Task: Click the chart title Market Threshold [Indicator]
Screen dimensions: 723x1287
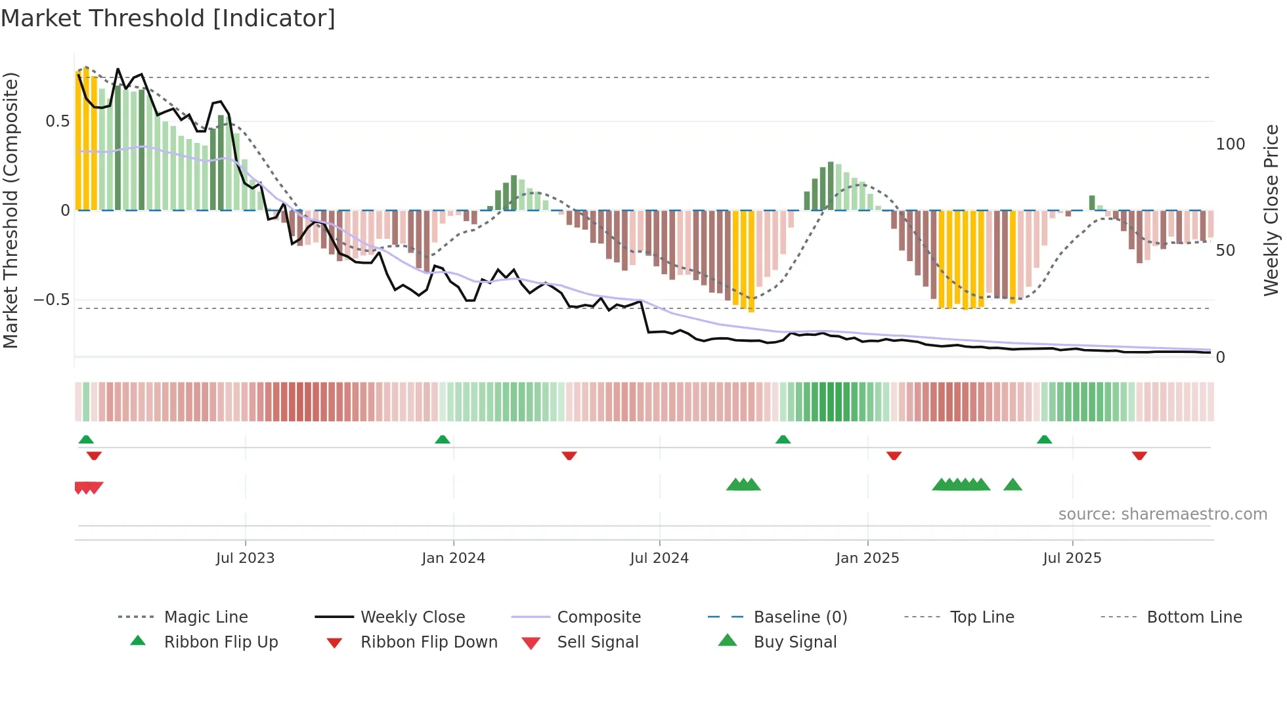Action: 168,18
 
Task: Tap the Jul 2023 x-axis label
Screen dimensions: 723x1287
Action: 245,558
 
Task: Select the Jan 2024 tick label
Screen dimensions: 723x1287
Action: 453,558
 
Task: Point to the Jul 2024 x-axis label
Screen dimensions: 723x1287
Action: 659,558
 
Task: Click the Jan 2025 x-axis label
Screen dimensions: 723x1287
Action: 867,558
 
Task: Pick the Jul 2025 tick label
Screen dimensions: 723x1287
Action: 1072,558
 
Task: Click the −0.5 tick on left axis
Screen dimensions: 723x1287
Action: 51,300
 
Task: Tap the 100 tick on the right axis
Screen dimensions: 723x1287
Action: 1230,144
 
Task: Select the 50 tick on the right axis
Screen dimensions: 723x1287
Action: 1225,251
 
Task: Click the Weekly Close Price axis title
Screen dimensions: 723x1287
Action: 1271,210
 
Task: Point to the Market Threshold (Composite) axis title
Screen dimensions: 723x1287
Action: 11,210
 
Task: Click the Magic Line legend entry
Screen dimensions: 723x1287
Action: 206,617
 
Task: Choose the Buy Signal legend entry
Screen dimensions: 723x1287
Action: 795,642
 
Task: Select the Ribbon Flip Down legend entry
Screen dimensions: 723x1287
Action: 429,642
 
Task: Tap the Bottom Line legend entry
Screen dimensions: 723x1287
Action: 1194,617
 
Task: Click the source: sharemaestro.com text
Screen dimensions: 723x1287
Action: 1162,514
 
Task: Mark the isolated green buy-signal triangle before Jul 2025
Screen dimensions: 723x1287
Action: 1013,485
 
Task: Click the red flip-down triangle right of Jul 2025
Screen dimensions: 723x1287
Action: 1139,455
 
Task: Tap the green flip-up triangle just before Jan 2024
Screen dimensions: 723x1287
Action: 443,440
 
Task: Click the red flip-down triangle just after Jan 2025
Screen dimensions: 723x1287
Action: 894,455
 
